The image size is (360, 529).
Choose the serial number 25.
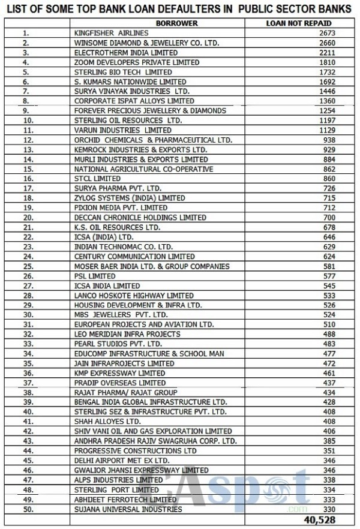click(27, 266)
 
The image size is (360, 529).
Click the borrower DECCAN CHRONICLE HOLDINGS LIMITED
click(140, 218)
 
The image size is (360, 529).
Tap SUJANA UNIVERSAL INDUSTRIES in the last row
click(128, 510)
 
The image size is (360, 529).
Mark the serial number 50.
click(27, 510)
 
